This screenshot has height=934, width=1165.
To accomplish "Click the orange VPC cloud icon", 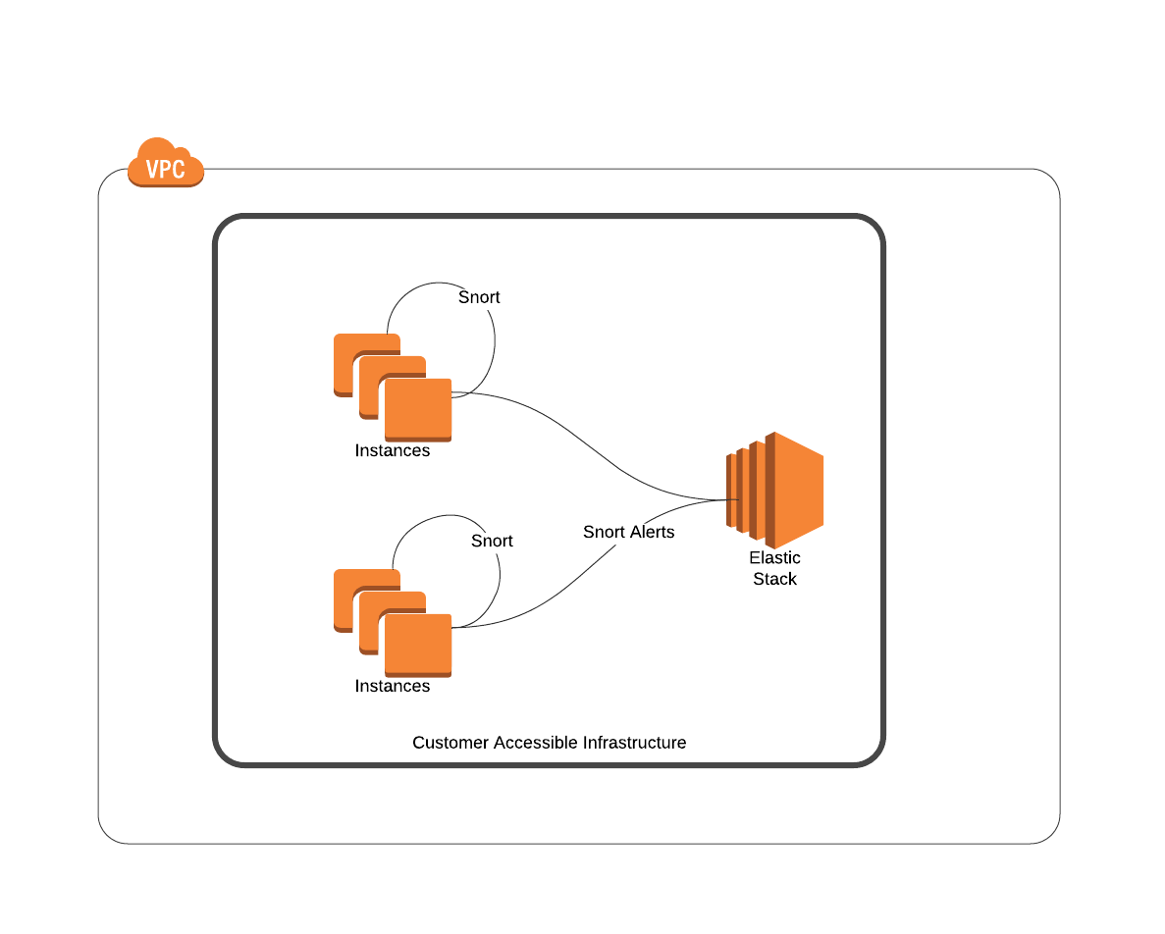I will coord(165,164).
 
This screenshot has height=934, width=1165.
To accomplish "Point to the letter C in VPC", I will coord(179,170).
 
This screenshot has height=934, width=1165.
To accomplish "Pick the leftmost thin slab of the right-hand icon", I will coord(731,491).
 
